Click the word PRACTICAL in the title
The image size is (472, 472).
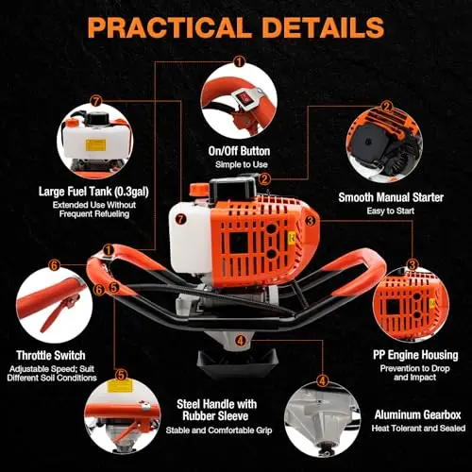point(168,27)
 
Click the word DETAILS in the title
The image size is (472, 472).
point(323,27)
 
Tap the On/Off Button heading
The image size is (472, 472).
point(239,151)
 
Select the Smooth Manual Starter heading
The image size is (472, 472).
point(391,197)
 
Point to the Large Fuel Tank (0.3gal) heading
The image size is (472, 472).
point(93,192)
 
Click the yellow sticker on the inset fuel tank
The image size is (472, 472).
point(95,144)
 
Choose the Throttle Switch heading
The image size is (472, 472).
point(51,355)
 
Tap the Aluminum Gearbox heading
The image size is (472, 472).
point(418,414)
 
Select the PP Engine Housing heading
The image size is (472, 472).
point(415,355)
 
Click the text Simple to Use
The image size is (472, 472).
point(242,164)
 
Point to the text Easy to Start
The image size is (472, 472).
point(391,211)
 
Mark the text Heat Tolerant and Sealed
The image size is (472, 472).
point(418,429)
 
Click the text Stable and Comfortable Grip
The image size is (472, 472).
point(219,430)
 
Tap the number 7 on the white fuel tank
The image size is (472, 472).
point(180,219)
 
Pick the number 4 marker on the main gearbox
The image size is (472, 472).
point(241,340)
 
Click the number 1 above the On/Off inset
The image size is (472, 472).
point(239,61)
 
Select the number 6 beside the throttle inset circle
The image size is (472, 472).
point(54,265)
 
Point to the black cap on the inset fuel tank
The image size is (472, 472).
point(97,119)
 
